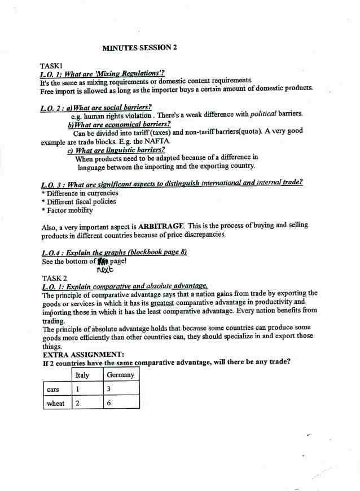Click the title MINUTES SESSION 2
point(139,48)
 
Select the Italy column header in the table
point(82,375)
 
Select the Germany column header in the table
point(120,375)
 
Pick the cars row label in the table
point(53,389)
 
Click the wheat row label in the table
point(55,403)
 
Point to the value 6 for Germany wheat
point(108,403)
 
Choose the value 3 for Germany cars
point(108,389)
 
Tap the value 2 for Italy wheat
point(77,403)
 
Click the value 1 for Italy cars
point(77,389)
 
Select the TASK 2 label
point(55,278)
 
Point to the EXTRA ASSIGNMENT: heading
point(84,355)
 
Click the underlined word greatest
point(161,302)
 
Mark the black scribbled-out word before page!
point(102,262)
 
